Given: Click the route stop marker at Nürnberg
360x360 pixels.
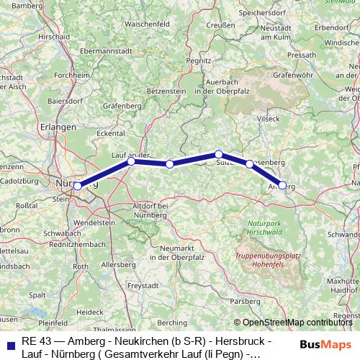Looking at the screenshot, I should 77,186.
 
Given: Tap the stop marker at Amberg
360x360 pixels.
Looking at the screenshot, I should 282,185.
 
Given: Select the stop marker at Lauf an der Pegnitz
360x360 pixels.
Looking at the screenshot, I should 131,162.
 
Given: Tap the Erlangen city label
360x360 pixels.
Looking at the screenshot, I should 59,127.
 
